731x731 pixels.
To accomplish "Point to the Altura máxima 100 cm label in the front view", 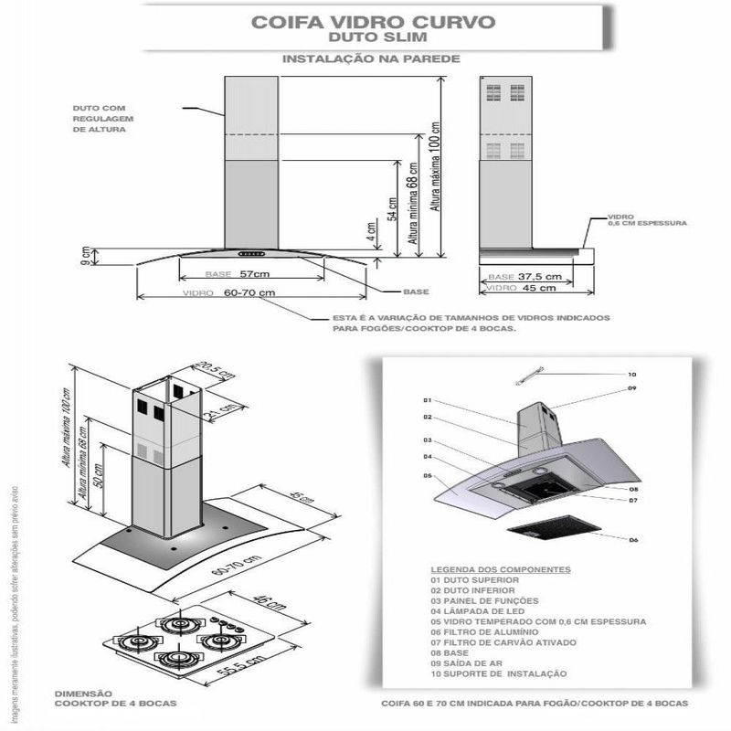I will coord(437,168).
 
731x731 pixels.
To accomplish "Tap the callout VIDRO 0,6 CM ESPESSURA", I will coord(646,221).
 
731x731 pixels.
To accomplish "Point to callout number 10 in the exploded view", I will coord(631,375).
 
